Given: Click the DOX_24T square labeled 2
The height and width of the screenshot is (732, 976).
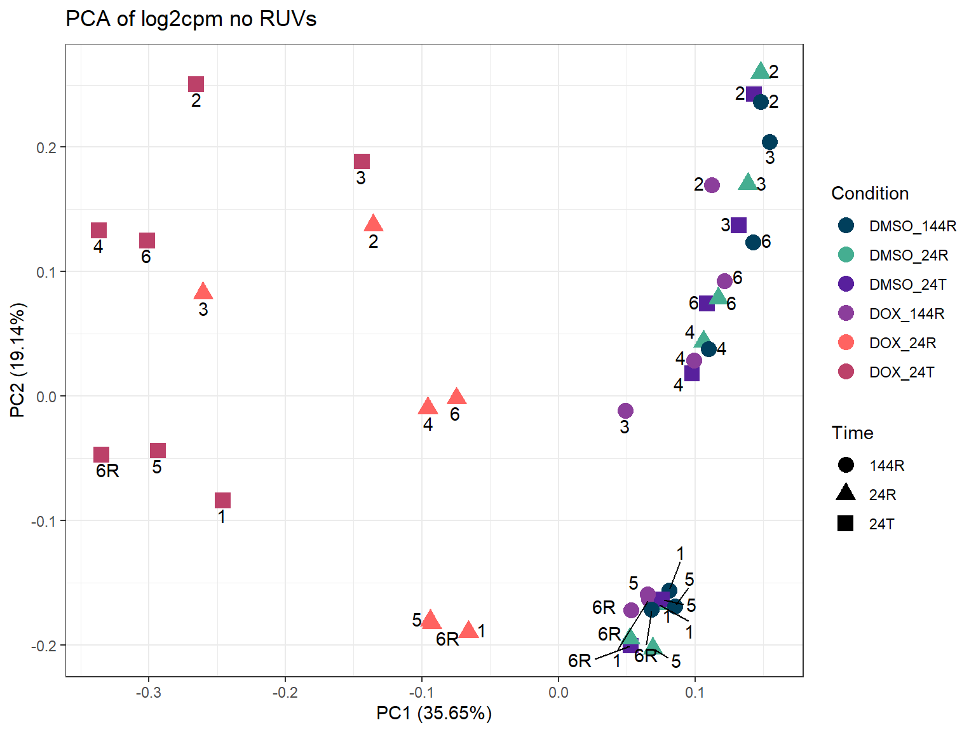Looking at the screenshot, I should [196, 85].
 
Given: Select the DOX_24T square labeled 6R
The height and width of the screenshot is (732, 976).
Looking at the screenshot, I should [101, 454].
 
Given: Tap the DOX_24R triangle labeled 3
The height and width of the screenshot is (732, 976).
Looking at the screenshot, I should [203, 292].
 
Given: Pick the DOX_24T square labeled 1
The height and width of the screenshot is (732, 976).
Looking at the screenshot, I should [222, 500].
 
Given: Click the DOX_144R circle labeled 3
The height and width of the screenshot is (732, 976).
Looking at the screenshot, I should [625, 410].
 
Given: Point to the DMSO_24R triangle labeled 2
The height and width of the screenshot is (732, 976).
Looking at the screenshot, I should [761, 71].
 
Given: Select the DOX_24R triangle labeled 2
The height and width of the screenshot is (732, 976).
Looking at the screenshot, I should [373, 224].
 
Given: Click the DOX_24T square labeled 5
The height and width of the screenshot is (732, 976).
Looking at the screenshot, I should [158, 451].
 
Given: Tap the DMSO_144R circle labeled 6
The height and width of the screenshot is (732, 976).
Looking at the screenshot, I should [753, 242].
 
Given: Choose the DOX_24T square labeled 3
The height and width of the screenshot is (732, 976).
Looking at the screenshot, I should [362, 161].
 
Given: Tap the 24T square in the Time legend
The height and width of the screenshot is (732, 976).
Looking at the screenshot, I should [846, 524].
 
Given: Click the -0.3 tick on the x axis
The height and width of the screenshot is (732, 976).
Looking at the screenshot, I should [148, 692].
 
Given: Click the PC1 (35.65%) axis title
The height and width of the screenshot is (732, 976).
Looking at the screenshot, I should [434, 713].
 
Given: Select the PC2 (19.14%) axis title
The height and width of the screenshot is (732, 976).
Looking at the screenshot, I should [18, 360].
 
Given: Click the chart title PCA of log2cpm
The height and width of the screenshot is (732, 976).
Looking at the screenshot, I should [191, 19].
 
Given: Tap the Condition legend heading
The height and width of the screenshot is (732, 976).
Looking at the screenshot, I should [869, 193].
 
